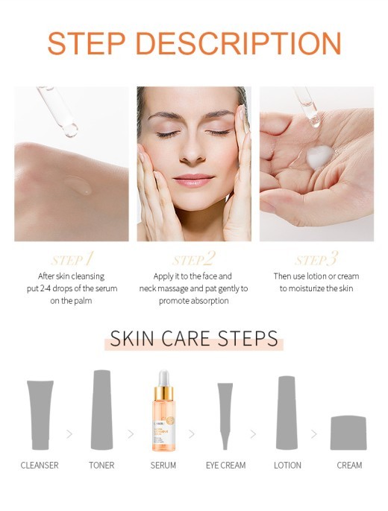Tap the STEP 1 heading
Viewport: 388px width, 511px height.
pyautogui.click(x=72, y=259)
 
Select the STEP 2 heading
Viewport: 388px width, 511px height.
pyautogui.click(x=193, y=259)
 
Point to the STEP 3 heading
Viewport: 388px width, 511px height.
pyautogui.click(x=316, y=259)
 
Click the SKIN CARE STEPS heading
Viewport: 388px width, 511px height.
pyautogui.click(x=194, y=339)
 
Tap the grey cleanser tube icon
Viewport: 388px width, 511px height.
pyautogui.click(x=40, y=415)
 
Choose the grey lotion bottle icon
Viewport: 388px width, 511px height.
pyautogui.click(x=287, y=412)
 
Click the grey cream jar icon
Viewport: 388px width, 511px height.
pyautogui.click(x=348, y=433)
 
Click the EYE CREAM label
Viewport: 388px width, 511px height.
pyautogui.click(x=225, y=466)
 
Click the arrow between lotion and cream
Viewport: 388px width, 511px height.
pyautogui.click(x=314, y=434)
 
